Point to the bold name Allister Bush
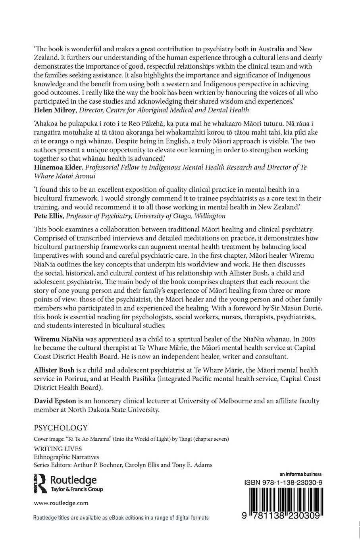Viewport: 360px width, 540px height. click(54, 370)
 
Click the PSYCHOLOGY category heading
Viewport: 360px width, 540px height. click(60, 428)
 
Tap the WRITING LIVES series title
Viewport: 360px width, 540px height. click(58, 449)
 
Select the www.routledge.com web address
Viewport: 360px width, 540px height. click(61, 503)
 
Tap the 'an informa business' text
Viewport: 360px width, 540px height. click(300, 474)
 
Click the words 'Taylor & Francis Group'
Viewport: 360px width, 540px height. click(77, 489)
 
